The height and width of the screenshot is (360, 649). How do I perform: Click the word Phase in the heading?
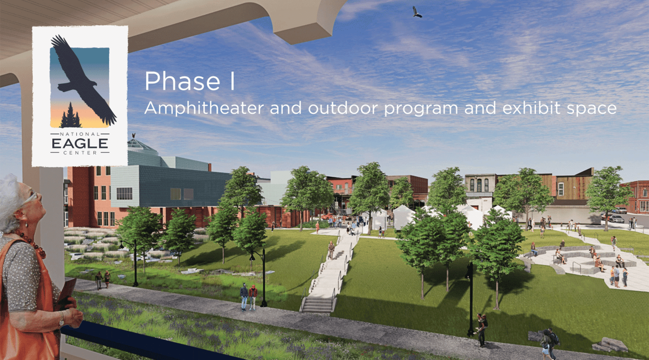182,81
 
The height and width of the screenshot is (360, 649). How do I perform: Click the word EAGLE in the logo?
80,143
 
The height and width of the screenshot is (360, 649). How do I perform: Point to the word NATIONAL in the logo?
80,134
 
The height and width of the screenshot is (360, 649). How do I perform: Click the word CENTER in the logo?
80,153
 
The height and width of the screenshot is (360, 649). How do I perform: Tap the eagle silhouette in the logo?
84,79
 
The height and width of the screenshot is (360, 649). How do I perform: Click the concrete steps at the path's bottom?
317,304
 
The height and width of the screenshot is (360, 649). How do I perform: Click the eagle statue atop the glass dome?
134,136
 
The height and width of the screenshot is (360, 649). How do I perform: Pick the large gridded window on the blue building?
124,193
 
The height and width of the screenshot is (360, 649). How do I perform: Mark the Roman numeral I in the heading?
233,81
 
